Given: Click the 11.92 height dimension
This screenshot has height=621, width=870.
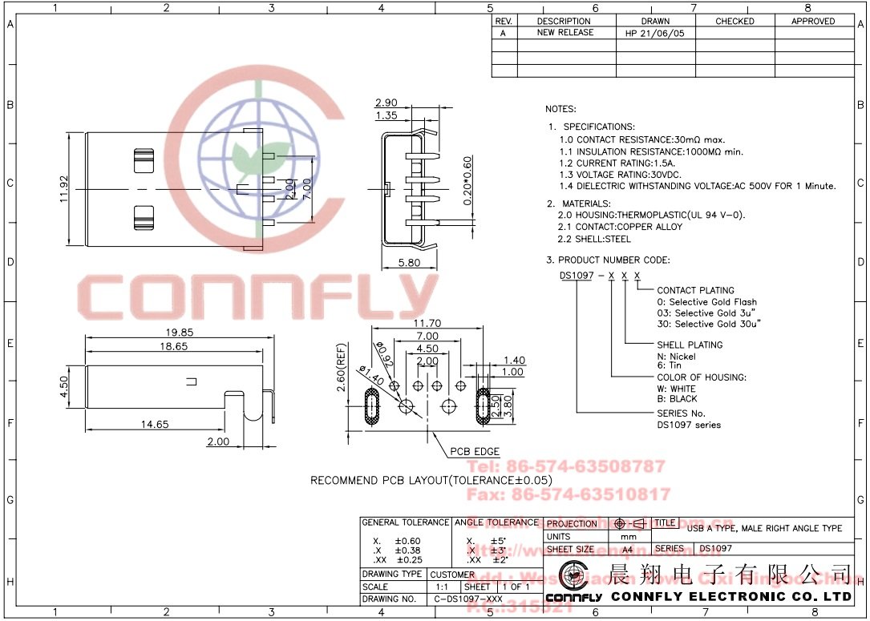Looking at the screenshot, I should tap(63, 190).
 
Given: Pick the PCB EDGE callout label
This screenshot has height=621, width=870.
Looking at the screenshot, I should tap(475, 452).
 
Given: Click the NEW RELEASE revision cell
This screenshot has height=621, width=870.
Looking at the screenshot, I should tap(565, 33).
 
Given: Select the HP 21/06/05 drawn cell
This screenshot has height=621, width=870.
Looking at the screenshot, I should tap(655, 34).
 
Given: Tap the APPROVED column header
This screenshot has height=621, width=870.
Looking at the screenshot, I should tap(813, 21).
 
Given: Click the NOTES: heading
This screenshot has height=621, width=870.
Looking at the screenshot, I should tap(560, 109).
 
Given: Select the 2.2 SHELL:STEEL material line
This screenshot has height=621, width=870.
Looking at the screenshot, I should tap(595, 239).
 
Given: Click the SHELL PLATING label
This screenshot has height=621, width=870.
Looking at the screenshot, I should tap(690, 345).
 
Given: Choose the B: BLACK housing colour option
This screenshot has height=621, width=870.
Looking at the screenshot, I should tap(677, 398).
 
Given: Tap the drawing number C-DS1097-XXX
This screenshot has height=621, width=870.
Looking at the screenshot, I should tap(468, 599).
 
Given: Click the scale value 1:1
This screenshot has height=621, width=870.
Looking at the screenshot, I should tap(441, 587).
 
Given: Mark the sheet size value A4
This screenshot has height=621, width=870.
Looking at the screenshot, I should tap(627, 550).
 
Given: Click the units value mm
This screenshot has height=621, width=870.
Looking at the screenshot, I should tap(629, 536).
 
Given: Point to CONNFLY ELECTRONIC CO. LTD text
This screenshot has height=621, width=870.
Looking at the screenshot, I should tap(731, 597).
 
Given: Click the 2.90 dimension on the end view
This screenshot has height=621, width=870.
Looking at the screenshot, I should tap(386, 103).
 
